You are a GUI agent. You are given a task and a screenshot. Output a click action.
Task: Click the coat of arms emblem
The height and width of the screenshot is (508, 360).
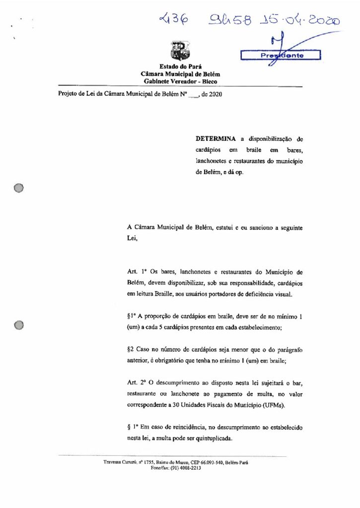point(177,51)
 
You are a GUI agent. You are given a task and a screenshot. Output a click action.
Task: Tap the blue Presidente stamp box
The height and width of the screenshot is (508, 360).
point(281,56)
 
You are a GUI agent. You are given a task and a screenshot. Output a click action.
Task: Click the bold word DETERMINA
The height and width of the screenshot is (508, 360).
point(214,139)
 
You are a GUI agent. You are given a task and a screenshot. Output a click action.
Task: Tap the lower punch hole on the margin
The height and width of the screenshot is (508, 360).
point(19,325)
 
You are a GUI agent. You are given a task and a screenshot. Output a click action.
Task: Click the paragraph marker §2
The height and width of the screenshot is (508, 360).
point(131,350)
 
